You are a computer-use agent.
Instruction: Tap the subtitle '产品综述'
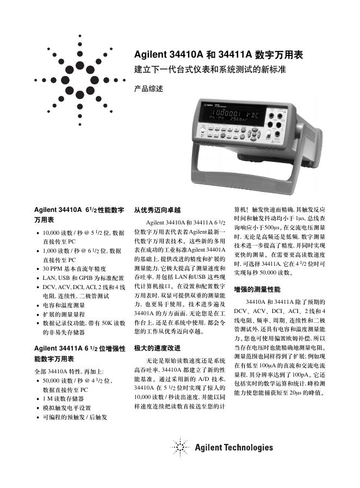pos(148,88)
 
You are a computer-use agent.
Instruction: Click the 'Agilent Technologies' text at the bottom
pos(234,448)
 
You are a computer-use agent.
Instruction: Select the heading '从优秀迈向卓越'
pos(157,210)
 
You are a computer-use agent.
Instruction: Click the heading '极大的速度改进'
pos(157,347)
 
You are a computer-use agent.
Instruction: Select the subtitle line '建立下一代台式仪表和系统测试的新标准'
pos(210,70)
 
